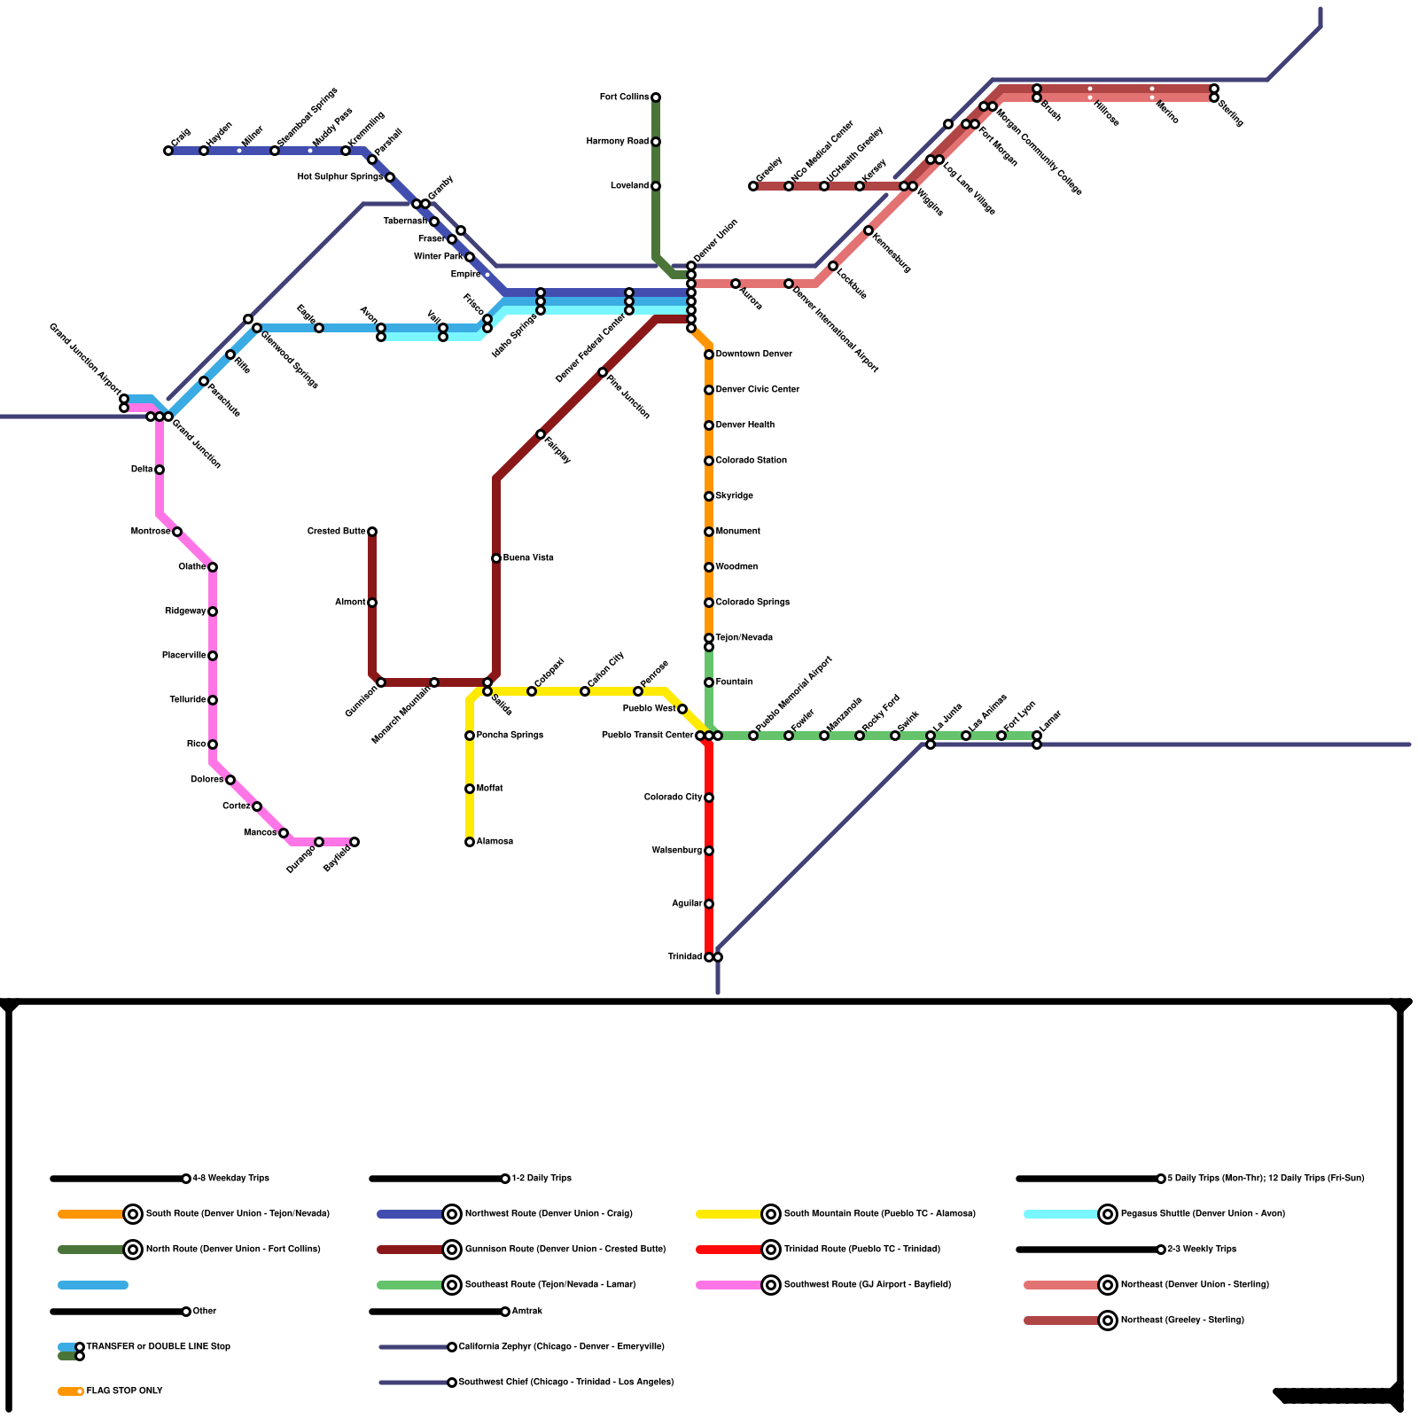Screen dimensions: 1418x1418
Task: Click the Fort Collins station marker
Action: tap(656, 97)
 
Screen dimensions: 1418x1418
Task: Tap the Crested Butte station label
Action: tap(336, 532)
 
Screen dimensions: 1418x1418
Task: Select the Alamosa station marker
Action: tap(470, 842)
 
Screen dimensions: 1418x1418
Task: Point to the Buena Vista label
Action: tap(528, 558)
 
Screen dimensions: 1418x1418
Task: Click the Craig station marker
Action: tap(168, 151)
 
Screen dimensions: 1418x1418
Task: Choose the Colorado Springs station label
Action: tap(752, 603)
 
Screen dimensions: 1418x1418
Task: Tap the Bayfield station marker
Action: tap(354, 842)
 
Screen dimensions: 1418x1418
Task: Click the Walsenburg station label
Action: tap(677, 851)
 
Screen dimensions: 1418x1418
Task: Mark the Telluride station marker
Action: tap(213, 700)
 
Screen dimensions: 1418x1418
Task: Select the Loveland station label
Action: tap(629, 186)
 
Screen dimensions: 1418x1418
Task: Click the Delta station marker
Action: tap(160, 470)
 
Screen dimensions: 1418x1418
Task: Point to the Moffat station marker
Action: tap(470, 789)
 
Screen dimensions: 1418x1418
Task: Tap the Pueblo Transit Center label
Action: tap(647, 736)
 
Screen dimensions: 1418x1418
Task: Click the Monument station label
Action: tap(737, 532)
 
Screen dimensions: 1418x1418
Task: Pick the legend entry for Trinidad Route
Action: tap(861, 1250)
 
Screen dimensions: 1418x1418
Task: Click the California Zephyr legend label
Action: tap(561, 1347)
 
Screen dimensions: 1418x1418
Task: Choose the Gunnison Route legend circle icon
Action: tap(452, 1250)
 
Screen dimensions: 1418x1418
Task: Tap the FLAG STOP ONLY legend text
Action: tap(124, 1391)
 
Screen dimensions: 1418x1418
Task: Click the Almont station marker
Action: tap(372, 603)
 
